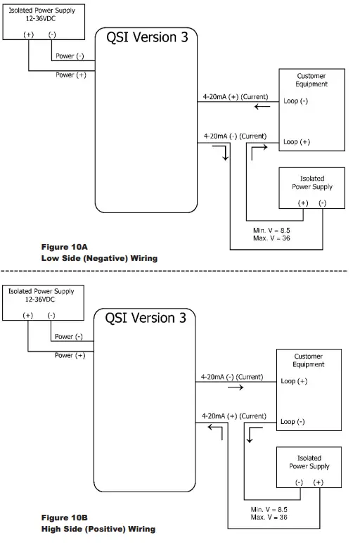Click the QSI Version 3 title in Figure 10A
click(147, 38)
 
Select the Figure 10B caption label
click(64, 517)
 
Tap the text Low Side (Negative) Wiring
click(98, 258)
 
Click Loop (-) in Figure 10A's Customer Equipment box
click(296, 101)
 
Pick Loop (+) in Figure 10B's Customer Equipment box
click(293, 381)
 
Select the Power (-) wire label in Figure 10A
click(70, 56)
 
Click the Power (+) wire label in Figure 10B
click(70, 355)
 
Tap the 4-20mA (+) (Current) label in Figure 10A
click(234, 97)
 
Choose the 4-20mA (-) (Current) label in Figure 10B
click(231, 377)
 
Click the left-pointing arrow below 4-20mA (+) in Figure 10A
click(262, 107)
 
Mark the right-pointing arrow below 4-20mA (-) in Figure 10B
click(236, 387)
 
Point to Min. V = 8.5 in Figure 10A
click(271, 230)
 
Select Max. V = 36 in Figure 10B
click(269, 517)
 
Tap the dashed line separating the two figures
click(176, 271)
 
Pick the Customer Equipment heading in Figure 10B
click(308, 361)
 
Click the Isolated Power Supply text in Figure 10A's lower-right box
click(311, 183)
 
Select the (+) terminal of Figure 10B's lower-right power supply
click(318, 482)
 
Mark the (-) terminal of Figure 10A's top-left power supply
click(52, 34)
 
